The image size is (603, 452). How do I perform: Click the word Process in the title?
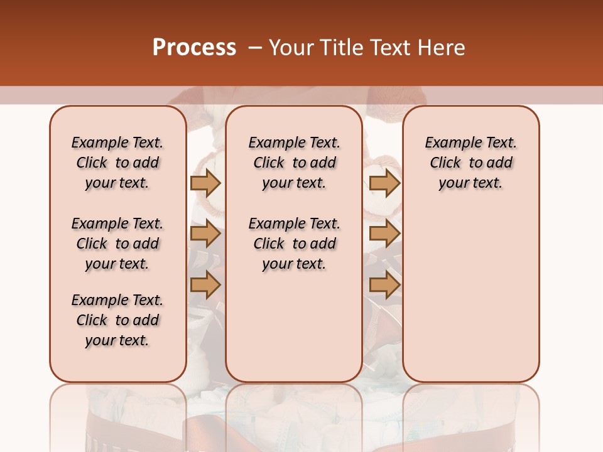[x=194, y=47]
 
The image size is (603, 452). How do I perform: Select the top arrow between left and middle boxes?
[x=205, y=183]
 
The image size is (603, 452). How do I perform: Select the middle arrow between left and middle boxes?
[x=205, y=234]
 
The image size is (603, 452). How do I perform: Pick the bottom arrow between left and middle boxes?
[x=205, y=285]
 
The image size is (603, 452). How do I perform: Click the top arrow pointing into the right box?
[x=384, y=183]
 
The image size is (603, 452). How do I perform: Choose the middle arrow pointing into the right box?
[x=384, y=234]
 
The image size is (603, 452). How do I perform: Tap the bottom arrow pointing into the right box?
[x=384, y=285]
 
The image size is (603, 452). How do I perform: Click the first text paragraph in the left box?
[x=117, y=163]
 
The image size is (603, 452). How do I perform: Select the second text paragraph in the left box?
[x=117, y=244]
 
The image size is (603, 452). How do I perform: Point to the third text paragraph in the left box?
[x=117, y=320]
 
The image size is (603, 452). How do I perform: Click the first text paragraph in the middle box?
[x=294, y=163]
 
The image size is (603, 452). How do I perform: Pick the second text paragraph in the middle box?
[x=294, y=244]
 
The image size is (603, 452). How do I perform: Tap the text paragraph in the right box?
[x=470, y=163]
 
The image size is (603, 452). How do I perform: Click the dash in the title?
[x=255, y=48]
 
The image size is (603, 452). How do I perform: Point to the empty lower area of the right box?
[x=470, y=295]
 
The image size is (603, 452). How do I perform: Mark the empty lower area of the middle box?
[x=294, y=326]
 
